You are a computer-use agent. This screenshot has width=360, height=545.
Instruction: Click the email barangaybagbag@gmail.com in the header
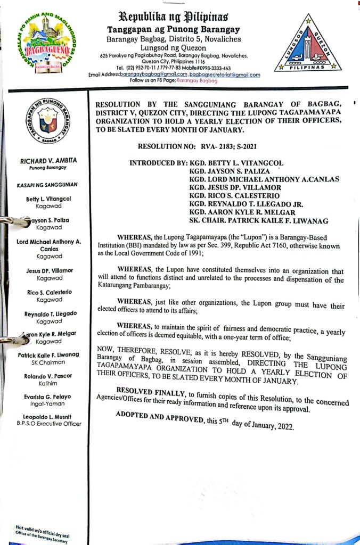tap(148, 75)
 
